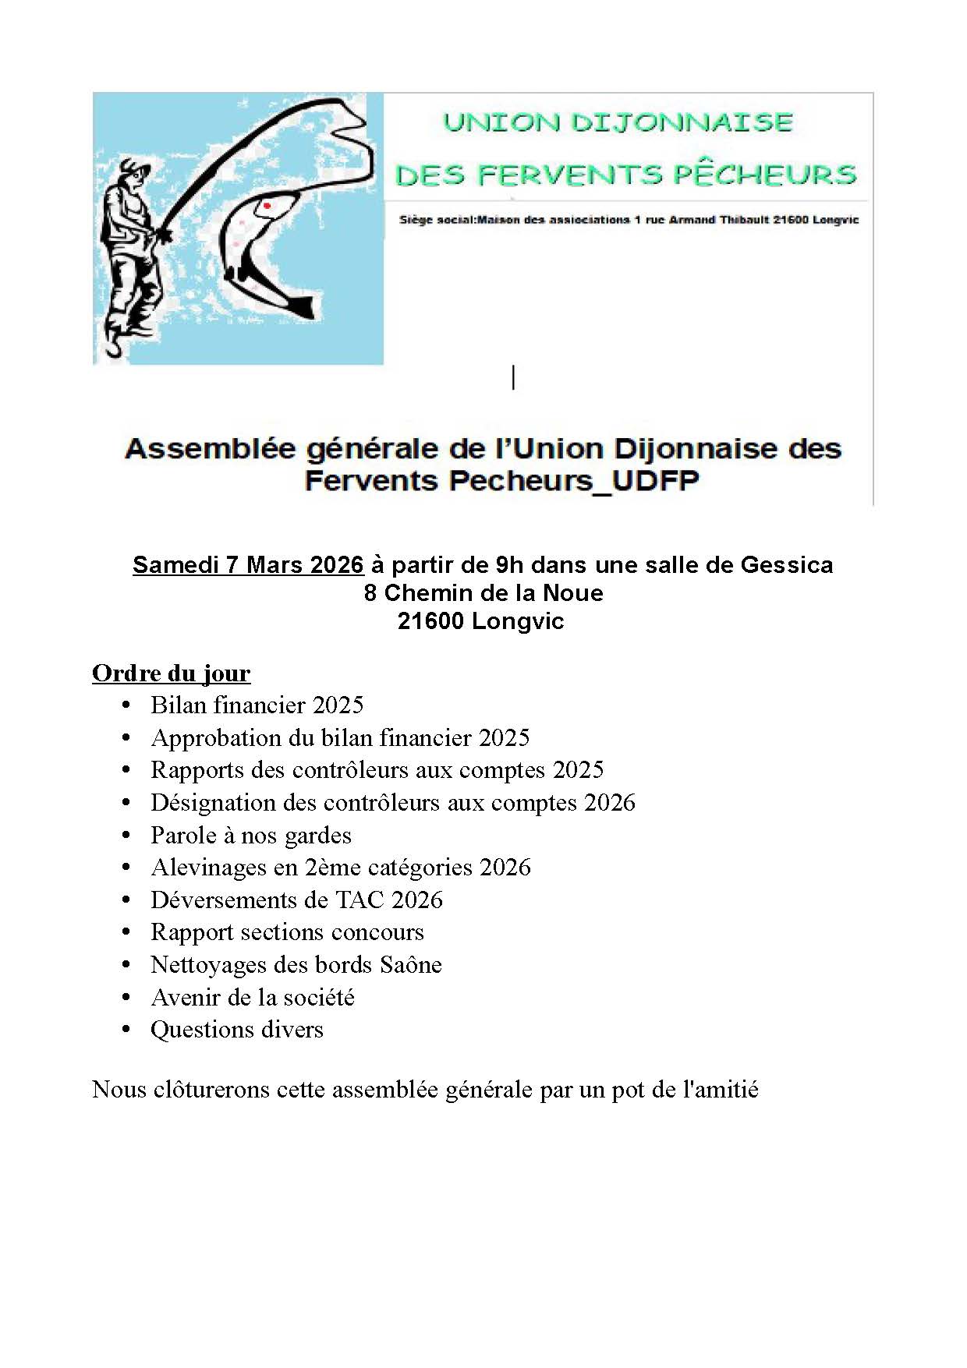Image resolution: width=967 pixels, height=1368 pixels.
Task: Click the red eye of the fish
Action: [x=267, y=206]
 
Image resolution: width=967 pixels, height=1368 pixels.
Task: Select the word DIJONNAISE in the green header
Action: [x=682, y=122]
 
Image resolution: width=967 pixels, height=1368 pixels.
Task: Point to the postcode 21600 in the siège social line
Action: [x=790, y=220]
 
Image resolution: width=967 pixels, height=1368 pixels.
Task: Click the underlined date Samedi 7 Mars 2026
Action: [x=248, y=564]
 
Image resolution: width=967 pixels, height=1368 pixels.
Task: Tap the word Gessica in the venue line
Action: [x=786, y=564]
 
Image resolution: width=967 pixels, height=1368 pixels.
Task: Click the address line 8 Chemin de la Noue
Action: [x=483, y=592]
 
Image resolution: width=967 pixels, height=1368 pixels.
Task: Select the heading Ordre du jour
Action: [x=171, y=673]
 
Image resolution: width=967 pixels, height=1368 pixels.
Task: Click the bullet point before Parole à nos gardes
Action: [x=126, y=835]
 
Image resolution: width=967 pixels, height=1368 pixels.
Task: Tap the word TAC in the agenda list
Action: [x=360, y=900]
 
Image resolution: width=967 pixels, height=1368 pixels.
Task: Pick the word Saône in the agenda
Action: [x=411, y=964]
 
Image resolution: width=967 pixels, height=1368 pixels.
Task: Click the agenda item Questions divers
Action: [x=236, y=1029]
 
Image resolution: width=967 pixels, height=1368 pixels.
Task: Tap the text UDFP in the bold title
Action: [x=655, y=480]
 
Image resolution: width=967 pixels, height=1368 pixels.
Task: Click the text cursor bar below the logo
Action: [x=513, y=377]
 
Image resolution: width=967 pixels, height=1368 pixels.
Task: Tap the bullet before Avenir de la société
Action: [x=126, y=997]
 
